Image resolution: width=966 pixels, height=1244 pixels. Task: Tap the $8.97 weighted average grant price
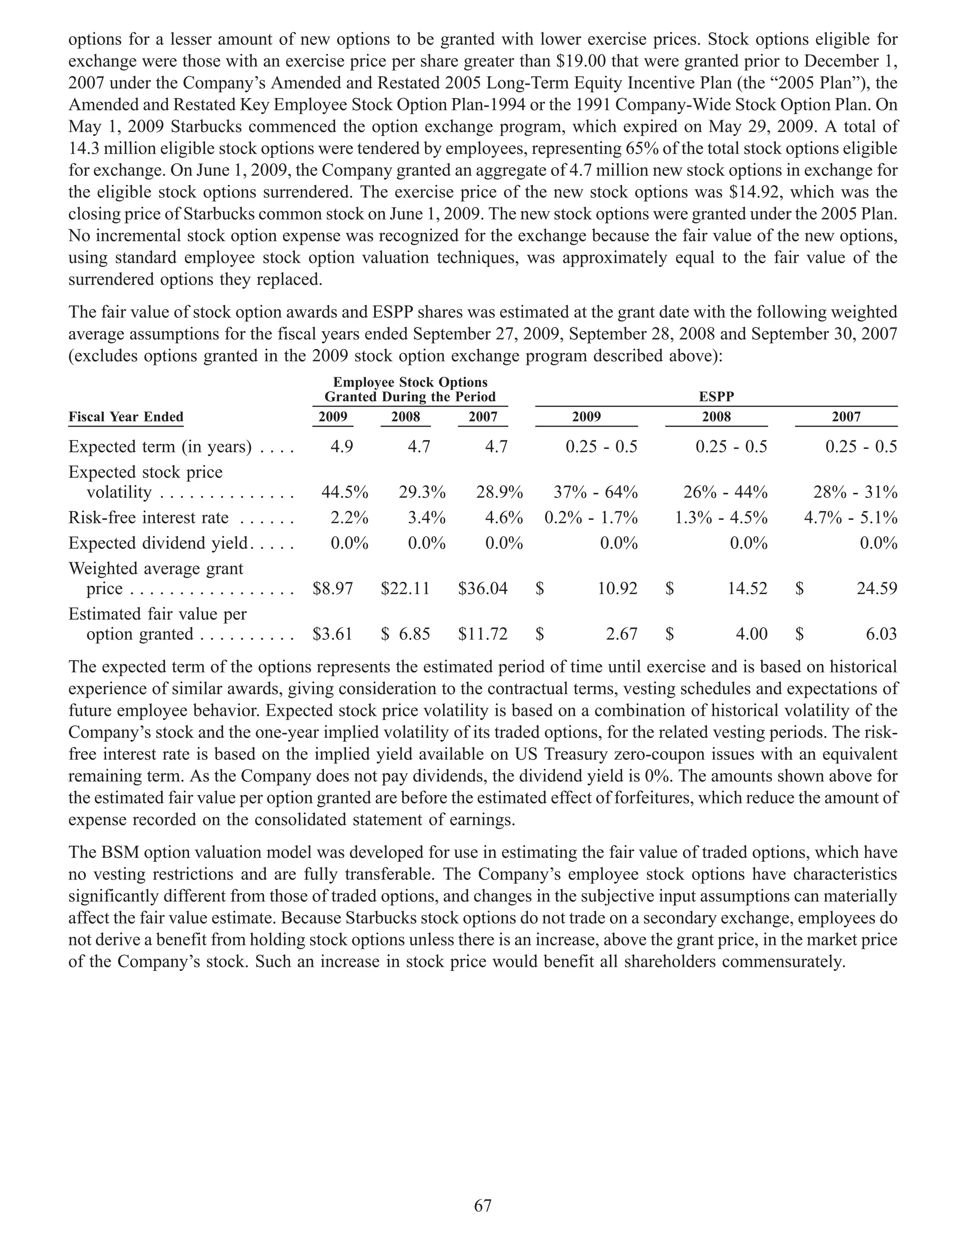333,589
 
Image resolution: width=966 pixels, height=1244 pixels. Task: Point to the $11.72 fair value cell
483,634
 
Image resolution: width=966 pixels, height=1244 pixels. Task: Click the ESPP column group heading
716,397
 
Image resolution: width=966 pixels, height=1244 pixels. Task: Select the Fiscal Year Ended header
126,417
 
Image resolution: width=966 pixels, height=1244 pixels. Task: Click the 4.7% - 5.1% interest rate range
850,518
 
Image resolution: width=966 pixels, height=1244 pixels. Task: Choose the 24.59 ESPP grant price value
876,589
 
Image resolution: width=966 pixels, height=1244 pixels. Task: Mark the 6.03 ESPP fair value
881,634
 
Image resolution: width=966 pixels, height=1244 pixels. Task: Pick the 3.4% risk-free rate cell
426,518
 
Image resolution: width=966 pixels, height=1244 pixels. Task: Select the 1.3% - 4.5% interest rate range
721,518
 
